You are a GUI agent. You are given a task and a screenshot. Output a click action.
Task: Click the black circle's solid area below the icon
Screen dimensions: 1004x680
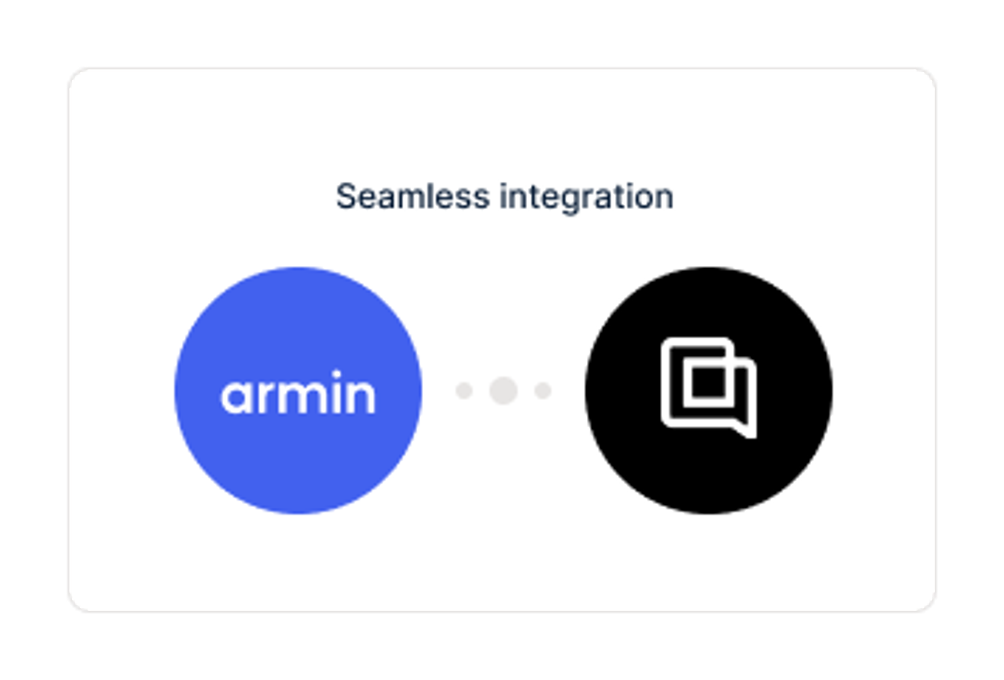709,475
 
